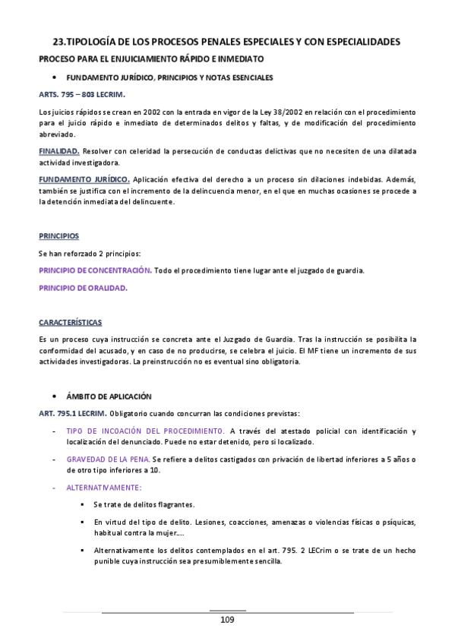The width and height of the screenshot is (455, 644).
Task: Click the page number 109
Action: (x=227, y=620)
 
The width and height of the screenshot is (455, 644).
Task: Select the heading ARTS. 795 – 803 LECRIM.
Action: (x=81, y=94)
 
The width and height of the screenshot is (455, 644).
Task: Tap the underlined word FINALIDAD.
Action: (x=59, y=152)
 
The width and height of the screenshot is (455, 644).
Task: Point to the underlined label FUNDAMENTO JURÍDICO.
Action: (x=84, y=179)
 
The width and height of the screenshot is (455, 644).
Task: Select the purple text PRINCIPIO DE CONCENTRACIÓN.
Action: (x=95, y=270)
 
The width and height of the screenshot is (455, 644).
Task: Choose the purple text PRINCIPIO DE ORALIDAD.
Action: (x=83, y=289)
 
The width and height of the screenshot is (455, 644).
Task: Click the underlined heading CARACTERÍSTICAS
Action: (x=70, y=322)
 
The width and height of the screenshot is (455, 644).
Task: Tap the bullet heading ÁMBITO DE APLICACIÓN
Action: (x=109, y=396)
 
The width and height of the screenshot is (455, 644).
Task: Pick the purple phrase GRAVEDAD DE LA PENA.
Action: (x=108, y=460)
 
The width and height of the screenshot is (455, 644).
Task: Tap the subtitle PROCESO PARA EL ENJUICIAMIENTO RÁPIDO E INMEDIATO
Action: (x=151, y=58)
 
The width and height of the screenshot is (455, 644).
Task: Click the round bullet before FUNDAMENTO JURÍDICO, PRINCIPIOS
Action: (x=54, y=77)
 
